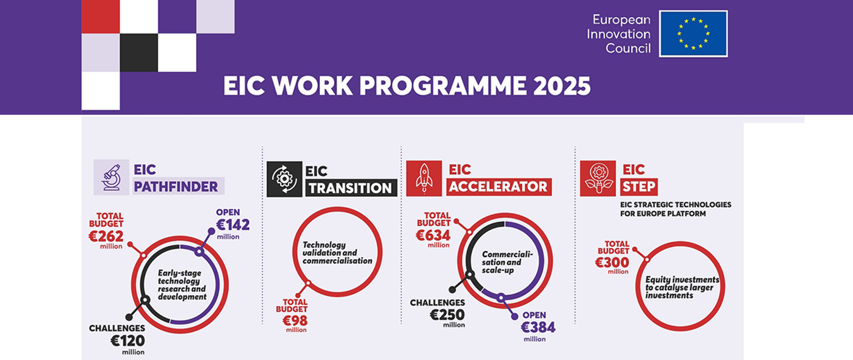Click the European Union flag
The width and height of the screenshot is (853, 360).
[x=693, y=34]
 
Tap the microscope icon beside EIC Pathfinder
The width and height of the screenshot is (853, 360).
[x=111, y=177]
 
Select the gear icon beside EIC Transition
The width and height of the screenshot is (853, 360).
[x=284, y=179]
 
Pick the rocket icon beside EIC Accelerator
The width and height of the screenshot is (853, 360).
[x=424, y=178]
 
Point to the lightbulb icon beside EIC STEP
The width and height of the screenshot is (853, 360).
[x=598, y=178]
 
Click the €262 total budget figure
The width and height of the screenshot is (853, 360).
[x=106, y=236]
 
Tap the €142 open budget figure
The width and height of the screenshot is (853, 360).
[x=233, y=225]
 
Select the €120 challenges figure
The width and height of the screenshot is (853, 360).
[x=128, y=341]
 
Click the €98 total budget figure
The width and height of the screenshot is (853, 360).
[x=295, y=320]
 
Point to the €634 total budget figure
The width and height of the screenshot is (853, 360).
[x=433, y=235]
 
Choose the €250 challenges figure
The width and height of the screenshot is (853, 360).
[x=447, y=315]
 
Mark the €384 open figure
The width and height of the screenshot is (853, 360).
[x=538, y=328]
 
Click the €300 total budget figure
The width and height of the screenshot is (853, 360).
[x=612, y=263]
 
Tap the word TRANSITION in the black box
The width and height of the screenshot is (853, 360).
[x=351, y=188]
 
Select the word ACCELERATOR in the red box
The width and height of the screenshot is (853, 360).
[x=498, y=187]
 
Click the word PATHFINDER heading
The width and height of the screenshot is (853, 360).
[x=176, y=187]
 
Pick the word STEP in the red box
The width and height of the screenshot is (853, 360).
[x=639, y=187]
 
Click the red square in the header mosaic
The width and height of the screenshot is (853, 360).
[x=100, y=16]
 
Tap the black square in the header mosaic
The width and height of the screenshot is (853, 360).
[x=139, y=52]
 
